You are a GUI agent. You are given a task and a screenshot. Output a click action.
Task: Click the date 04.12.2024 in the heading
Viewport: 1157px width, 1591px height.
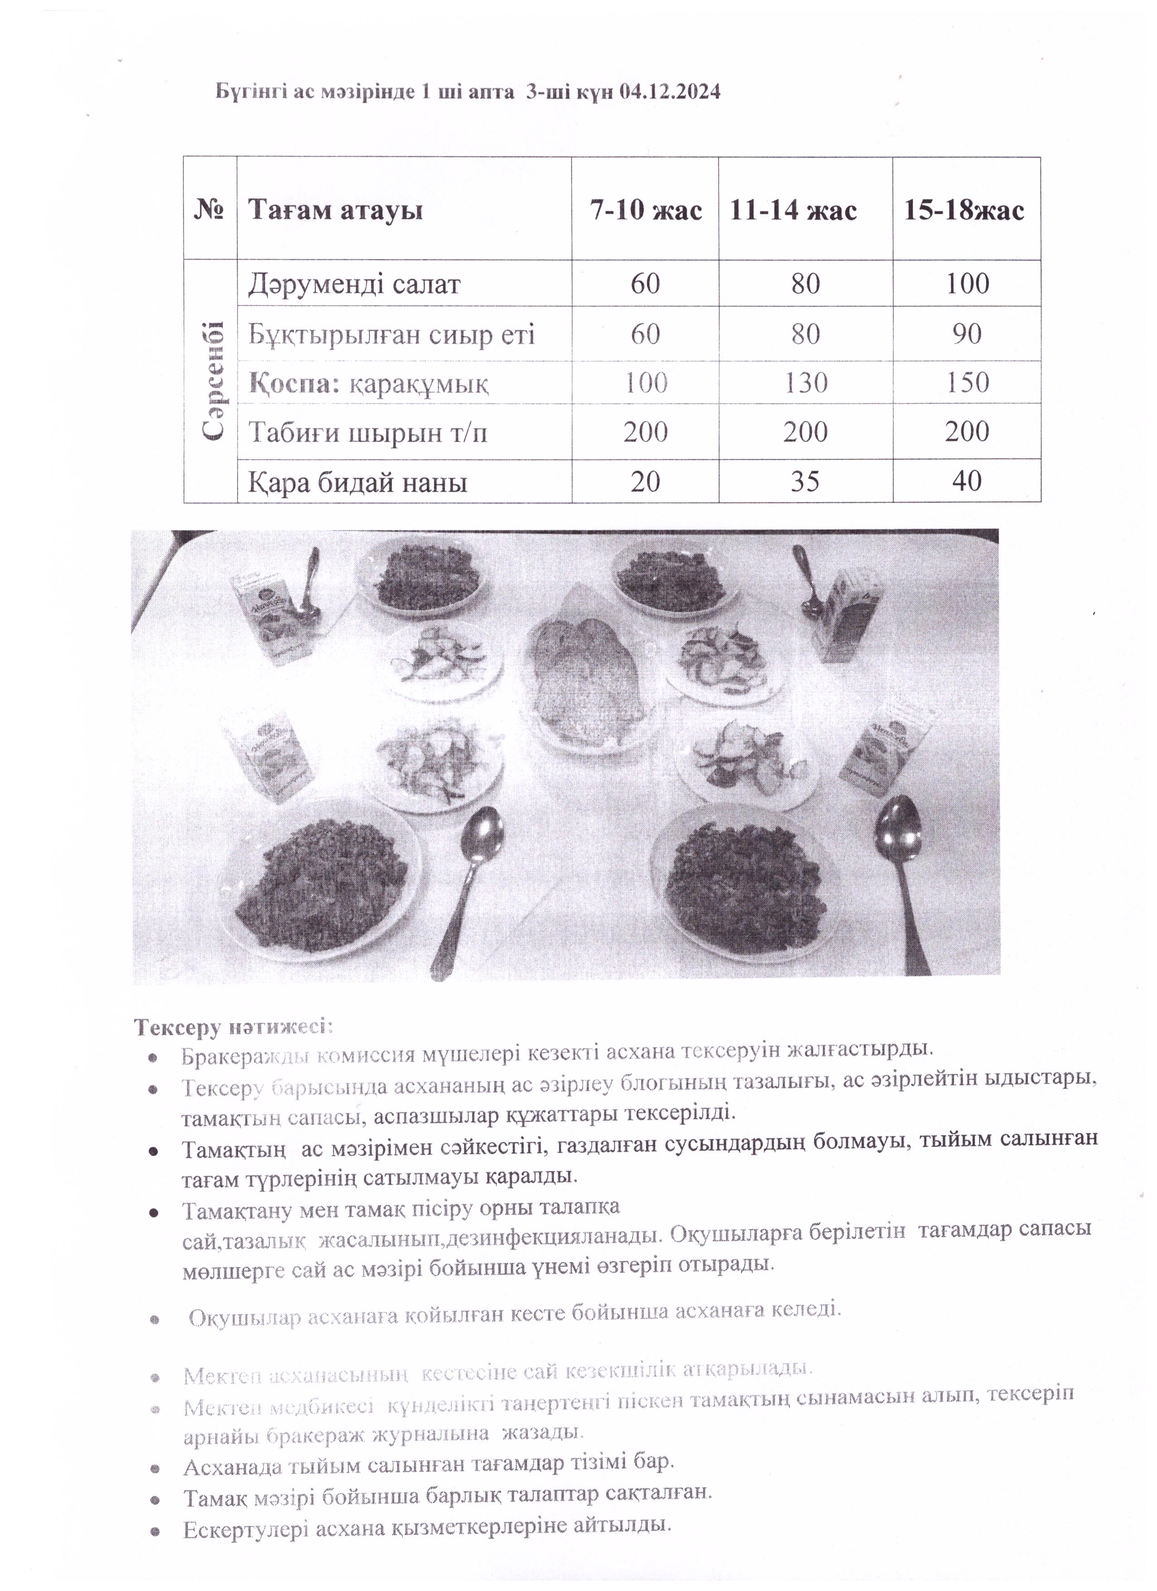(670, 92)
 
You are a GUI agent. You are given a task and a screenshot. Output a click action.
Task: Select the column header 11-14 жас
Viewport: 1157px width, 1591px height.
(793, 210)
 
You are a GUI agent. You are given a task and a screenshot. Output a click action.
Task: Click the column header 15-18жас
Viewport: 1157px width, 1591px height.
(963, 210)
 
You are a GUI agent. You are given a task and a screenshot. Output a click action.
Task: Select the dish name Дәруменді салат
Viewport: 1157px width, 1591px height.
(355, 285)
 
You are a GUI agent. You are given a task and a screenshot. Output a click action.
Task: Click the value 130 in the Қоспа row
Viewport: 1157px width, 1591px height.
(806, 383)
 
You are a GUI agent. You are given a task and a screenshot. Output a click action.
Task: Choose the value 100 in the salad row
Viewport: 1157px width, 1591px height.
(967, 284)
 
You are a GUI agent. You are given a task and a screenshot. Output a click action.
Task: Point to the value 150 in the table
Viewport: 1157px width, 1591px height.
(967, 383)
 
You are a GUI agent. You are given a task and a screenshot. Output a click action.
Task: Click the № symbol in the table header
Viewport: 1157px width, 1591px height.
(209, 210)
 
